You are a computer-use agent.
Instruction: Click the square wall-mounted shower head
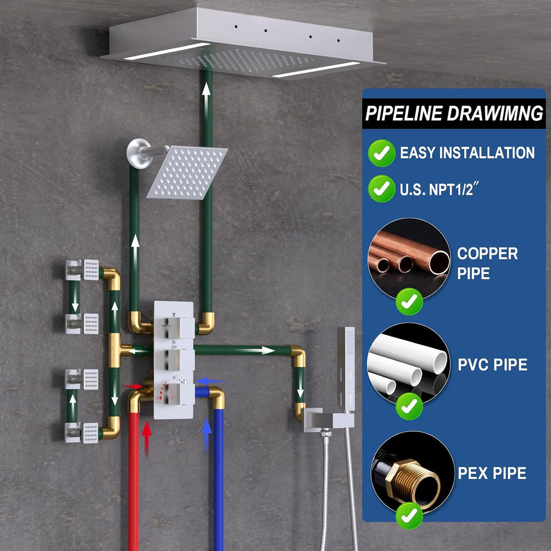187,172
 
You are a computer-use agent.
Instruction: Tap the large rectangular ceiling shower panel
243,44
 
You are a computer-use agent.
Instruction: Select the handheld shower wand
346,369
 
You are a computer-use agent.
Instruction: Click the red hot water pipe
133,482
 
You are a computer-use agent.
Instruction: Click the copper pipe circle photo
409,259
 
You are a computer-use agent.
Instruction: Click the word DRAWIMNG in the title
495,113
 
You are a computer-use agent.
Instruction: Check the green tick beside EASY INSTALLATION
382,153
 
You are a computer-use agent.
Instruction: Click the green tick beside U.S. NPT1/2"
382,189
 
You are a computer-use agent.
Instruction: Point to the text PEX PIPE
492,473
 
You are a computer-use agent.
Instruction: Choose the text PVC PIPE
492,364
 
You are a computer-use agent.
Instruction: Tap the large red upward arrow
146,439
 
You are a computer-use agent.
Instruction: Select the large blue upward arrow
207,436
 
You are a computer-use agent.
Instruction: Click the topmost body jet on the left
82,270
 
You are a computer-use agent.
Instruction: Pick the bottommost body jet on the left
82,433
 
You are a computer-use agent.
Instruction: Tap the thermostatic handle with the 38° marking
179,393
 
